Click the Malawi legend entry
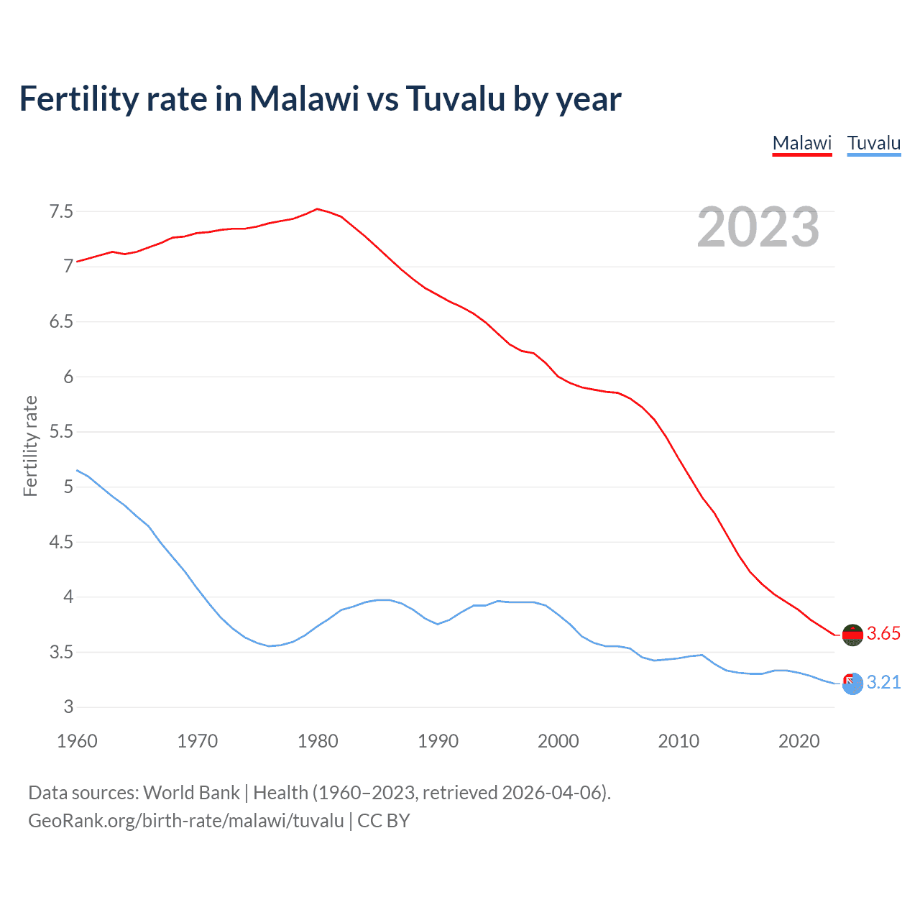coord(801,143)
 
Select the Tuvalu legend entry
coord(873,143)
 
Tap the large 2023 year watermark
coord(758,227)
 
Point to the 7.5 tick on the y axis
coord(61,211)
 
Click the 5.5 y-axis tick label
coord(61,432)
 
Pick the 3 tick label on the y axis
coord(68,707)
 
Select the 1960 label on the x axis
coord(77,741)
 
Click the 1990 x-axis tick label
coord(438,741)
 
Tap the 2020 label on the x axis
coord(799,741)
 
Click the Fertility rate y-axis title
coord(30,446)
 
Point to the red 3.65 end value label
coord(883,634)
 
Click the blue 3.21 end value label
coord(883,683)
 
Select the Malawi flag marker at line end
coord(852,635)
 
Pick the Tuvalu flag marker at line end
coord(852,684)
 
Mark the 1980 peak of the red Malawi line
coord(317,209)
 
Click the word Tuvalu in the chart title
coord(455,98)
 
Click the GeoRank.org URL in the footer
coord(186,821)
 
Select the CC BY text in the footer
coord(384,821)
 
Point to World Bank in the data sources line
coord(191,793)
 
